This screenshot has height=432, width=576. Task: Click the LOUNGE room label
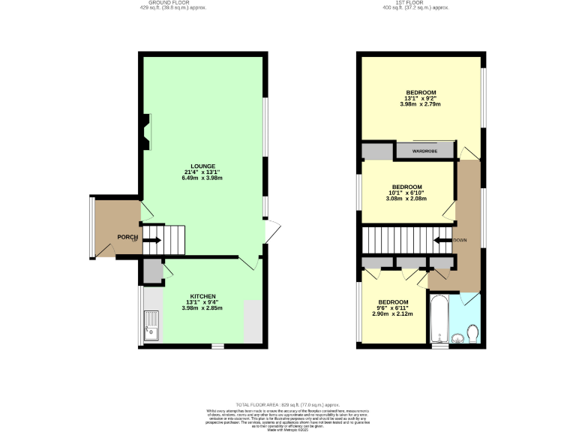point(202,166)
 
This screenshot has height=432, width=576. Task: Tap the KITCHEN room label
point(202,296)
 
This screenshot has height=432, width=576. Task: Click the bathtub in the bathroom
point(439,318)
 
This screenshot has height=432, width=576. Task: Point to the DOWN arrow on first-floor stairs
point(442,241)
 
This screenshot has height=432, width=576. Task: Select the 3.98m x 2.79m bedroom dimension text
point(420,104)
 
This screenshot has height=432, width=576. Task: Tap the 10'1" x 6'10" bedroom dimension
point(406,193)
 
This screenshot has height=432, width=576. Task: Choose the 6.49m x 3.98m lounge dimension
point(202,179)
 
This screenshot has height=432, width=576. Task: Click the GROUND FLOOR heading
point(172,3)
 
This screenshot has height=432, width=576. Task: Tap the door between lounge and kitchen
point(248,262)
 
